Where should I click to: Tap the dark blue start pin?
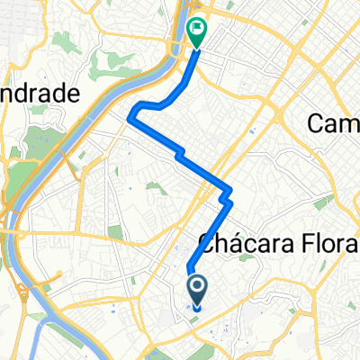point(197,288)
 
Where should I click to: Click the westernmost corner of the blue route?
point(132,113)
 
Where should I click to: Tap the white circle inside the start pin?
point(197,285)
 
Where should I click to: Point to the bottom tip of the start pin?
point(197,302)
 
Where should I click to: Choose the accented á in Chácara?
point(228,241)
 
